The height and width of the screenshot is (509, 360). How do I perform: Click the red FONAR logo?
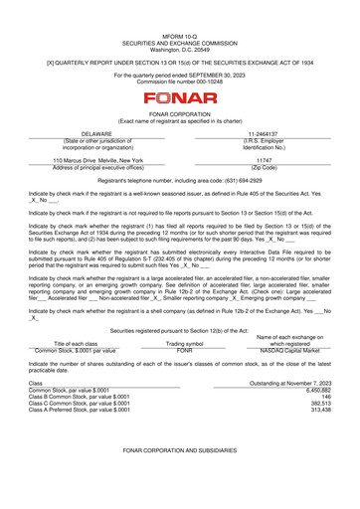180,98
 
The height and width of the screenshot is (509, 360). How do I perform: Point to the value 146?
324,398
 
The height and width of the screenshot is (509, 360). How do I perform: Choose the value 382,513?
318,404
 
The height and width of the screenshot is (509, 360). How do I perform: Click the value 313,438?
318,411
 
